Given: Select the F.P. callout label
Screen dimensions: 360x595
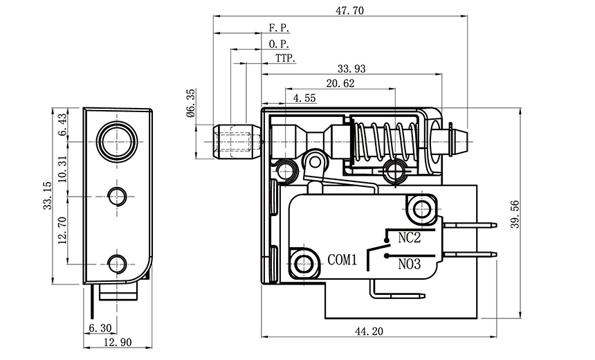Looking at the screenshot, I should pyautogui.click(x=279, y=28).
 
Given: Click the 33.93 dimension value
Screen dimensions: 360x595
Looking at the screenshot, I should pyautogui.click(x=351, y=69).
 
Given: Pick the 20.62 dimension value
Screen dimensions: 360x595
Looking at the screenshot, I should pyautogui.click(x=340, y=84).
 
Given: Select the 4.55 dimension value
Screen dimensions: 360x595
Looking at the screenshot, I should pyautogui.click(x=304, y=98).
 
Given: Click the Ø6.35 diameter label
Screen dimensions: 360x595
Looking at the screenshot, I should pyautogui.click(x=191, y=104).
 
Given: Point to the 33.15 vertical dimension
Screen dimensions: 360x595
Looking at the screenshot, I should pyautogui.click(x=47, y=196).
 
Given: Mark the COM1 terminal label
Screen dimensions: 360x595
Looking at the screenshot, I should pyautogui.click(x=341, y=260).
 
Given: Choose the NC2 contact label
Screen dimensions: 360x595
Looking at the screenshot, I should pyautogui.click(x=409, y=238).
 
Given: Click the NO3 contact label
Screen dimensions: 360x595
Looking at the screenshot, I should pyautogui.click(x=409, y=263).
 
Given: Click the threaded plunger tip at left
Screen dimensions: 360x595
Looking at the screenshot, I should pyautogui.click(x=236, y=141).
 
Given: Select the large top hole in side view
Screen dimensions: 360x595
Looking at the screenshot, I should pyautogui.click(x=116, y=140).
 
